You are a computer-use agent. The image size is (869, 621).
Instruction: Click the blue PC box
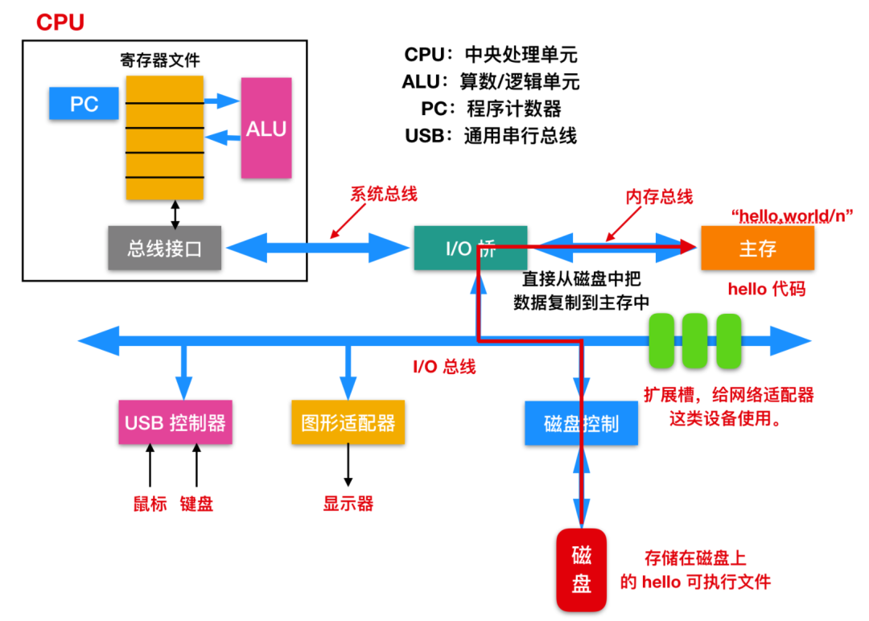[84, 105]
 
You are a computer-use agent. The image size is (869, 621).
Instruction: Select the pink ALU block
[266, 129]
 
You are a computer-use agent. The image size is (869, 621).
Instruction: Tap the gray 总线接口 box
[164, 248]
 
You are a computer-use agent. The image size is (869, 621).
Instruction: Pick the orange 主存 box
[756, 248]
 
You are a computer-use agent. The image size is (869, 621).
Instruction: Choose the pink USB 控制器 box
[175, 422]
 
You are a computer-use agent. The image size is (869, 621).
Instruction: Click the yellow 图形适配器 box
[348, 422]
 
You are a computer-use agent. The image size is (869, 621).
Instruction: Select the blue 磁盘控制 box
[581, 423]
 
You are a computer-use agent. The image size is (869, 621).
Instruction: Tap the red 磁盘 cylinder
[582, 569]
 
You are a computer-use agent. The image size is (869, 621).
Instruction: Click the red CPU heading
[60, 23]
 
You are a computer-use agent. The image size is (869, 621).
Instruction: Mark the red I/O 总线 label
[444, 367]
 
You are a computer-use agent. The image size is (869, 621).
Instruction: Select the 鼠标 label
[150, 504]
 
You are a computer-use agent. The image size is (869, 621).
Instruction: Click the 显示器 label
[348, 504]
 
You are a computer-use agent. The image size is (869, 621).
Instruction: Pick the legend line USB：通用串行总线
[491, 135]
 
